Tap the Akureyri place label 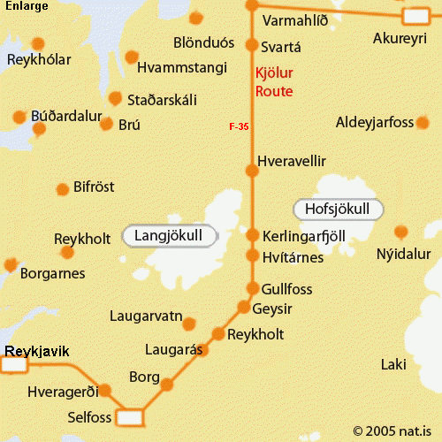(400, 39)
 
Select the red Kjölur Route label (273, 82)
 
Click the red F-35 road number (239, 127)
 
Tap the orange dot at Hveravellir (252, 171)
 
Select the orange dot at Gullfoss (253, 289)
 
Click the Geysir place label (272, 308)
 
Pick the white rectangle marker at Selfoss (131, 416)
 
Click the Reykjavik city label (37, 352)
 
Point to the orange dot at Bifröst (63, 189)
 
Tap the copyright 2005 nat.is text (395, 431)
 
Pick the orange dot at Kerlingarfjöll (252, 236)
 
